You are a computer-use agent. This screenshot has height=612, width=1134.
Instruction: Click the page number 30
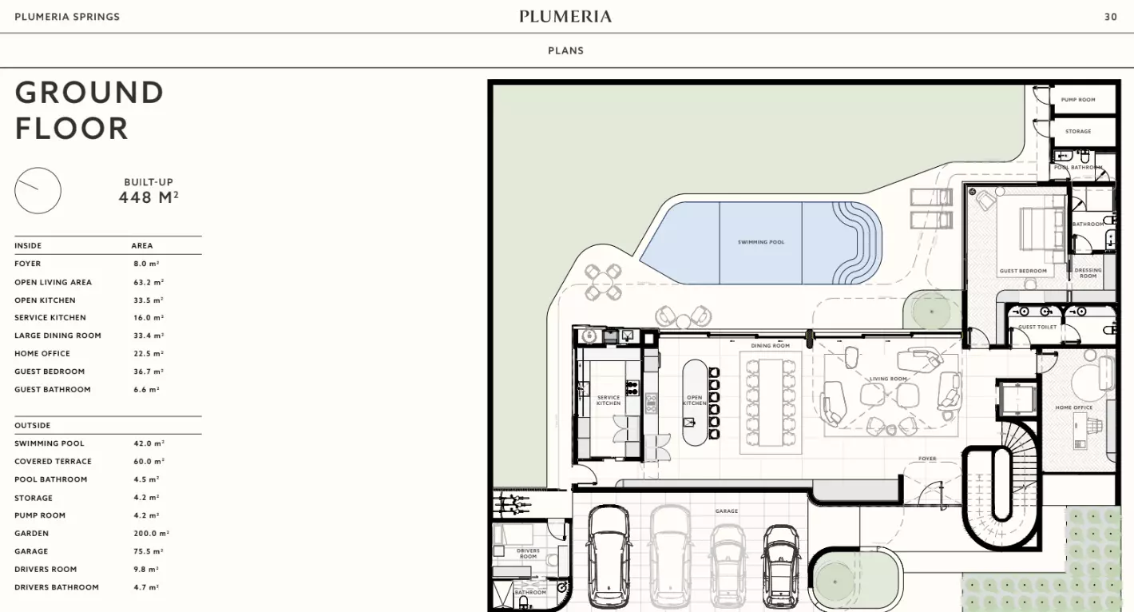click(1110, 17)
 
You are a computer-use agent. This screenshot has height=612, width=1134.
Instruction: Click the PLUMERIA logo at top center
click(565, 16)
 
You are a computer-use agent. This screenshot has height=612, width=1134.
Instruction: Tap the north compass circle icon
click(38, 191)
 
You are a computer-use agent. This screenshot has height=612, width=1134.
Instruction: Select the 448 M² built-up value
click(149, 197)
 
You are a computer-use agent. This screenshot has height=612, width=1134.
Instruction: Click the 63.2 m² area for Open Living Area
click(149, 282)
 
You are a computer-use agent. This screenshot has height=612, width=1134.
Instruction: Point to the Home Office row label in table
click(42, 354)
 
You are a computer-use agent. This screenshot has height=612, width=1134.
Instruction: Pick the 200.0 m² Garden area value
click(151, 534)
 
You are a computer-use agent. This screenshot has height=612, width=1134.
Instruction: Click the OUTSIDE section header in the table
click(32, 426)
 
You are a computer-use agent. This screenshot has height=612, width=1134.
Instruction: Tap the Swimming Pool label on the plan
click(761, 242)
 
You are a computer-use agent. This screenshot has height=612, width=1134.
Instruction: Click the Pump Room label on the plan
click(1078, 100)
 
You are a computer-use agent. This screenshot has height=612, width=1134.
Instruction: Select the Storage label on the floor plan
click(1078, 132)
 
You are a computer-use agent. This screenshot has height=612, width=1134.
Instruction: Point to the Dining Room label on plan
click(770, 346)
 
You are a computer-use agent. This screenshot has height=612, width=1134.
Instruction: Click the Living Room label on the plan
click(888, 379)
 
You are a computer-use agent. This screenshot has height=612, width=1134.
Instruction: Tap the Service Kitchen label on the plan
click(609, 400)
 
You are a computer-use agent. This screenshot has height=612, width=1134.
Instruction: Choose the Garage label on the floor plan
click(727, 511)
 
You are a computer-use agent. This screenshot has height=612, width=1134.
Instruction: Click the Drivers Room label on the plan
click(528, 554)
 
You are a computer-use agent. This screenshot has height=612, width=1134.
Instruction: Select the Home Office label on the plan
click(1073, 408)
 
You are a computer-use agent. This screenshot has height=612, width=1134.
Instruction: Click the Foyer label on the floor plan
click(927, 459)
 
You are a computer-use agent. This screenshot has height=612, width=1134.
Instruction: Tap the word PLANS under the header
click(565, 50)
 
